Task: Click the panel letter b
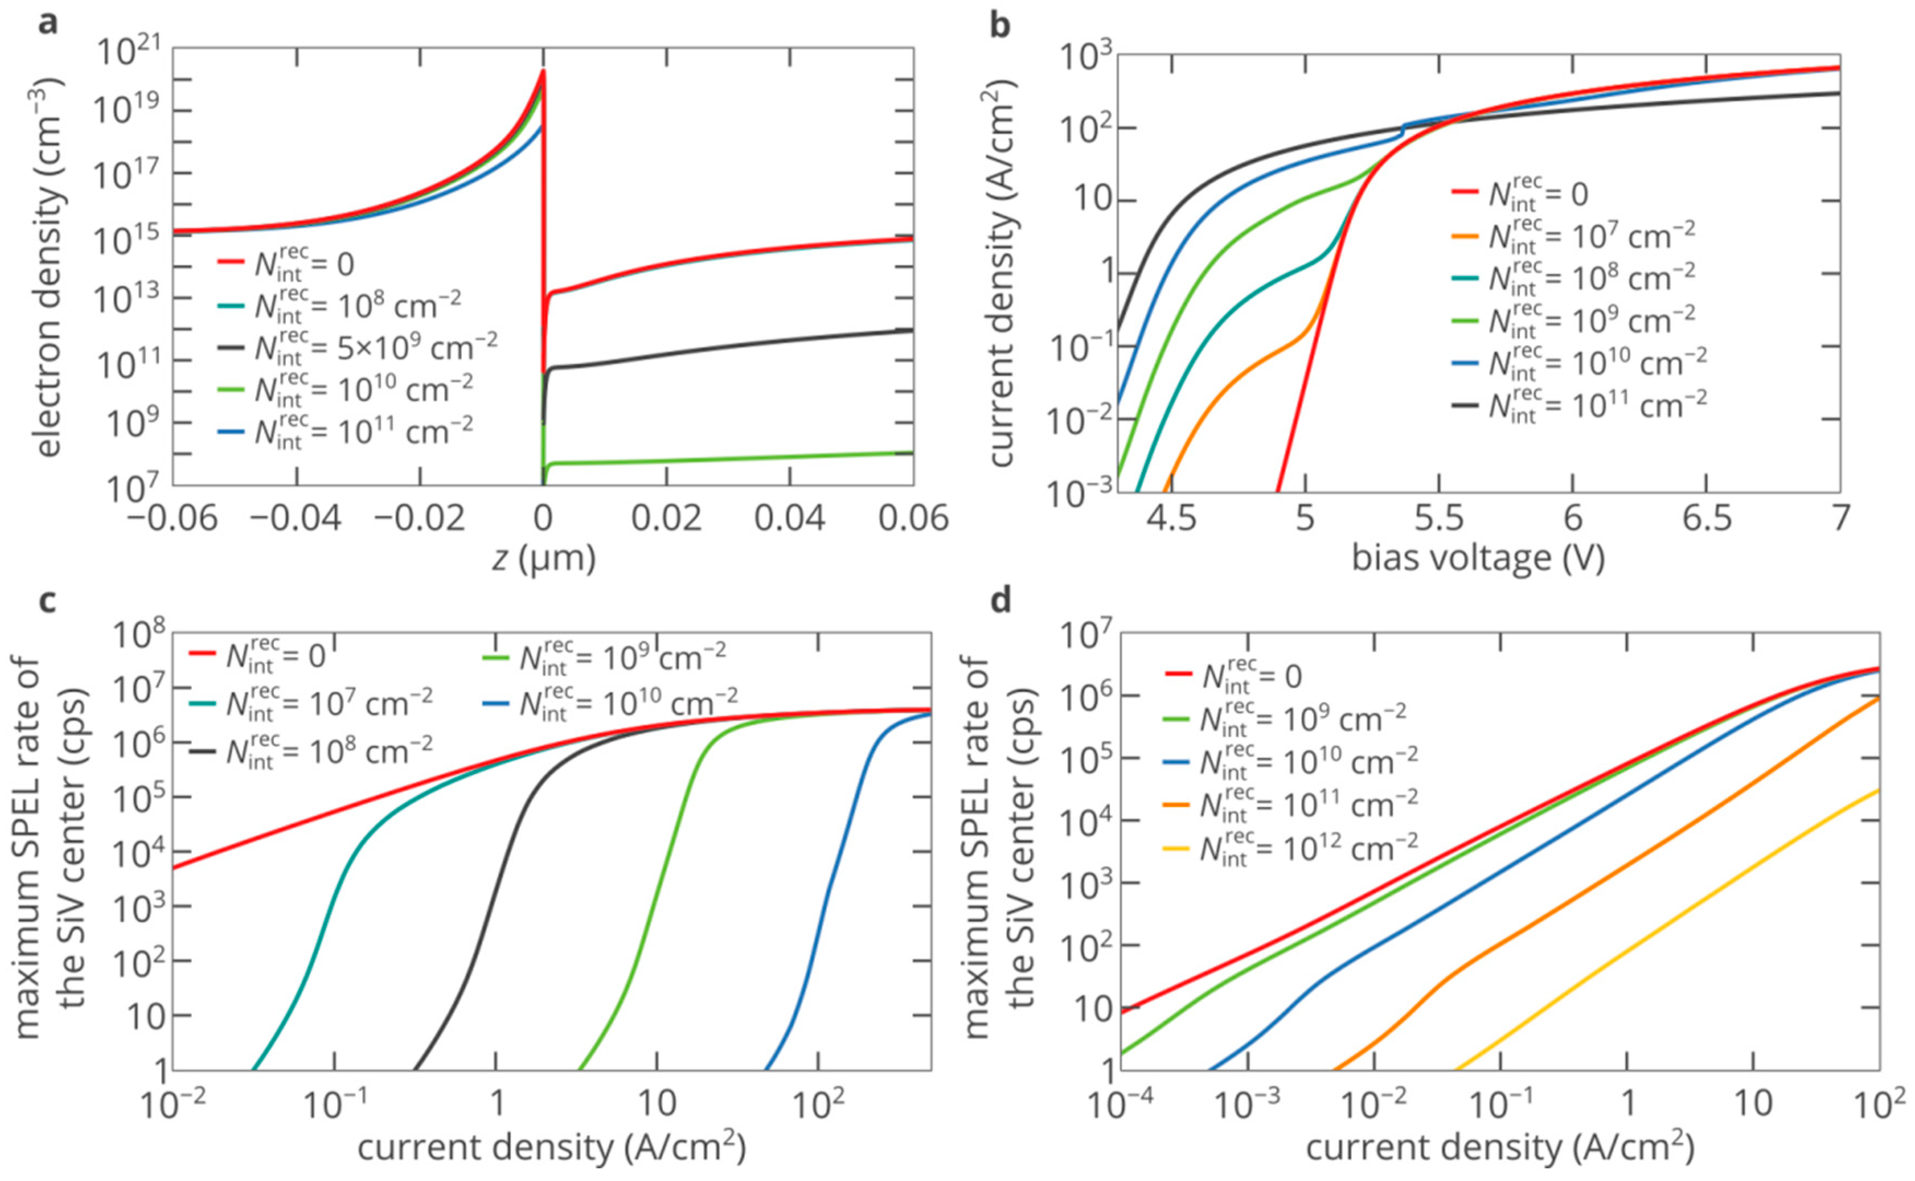click(1000, 25)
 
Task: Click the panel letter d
click(1000, 600)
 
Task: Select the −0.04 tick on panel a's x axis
click(297, 518)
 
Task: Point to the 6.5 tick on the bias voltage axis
click(1707, 518)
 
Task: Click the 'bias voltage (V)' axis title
click(1478, 558)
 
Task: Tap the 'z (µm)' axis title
click(544, 558)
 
